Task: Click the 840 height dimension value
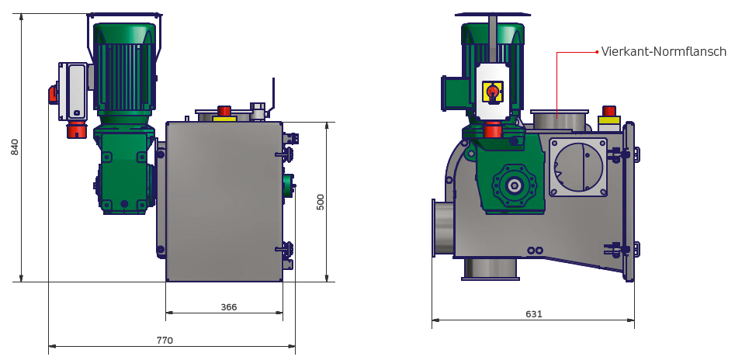tap(15, 147)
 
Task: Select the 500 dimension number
tap(321, 202)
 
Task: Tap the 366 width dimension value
tap(229, 307)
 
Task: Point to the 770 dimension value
tap(165, 341)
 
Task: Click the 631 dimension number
tap(534, 314)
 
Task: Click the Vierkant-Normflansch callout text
tap(664, 51)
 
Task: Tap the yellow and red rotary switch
tap(493, 91)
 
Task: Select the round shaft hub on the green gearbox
tap(515, 186)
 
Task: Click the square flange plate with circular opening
tap(578, 167)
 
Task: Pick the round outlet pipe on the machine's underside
tap(491, 269)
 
